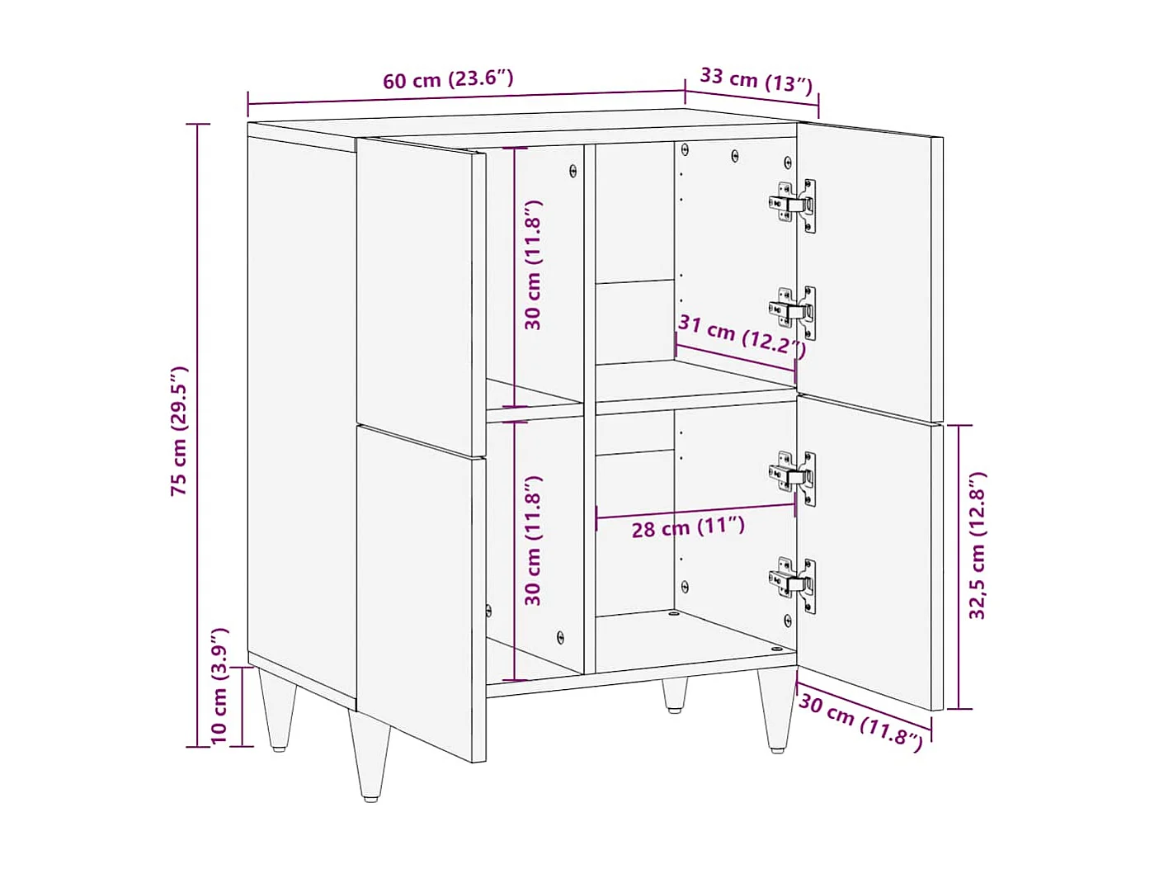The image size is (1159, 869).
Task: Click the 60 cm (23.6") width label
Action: [x=448, y=79]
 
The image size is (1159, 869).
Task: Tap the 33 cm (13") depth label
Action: [x=756, y=80]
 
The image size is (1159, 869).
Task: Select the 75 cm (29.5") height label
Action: [x=179, y=431]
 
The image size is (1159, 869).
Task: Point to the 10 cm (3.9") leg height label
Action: [x=219, y=686]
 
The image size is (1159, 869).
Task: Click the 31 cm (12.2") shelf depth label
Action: [x=741, y=335]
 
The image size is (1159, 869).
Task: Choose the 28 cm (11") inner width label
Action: [x=688, y=527]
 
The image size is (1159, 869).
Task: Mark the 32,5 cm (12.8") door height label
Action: [x=978, y=546]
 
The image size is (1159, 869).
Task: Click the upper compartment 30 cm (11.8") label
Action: [x=533, y=265]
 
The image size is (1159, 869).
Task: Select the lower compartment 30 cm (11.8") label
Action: [x=533, y=541]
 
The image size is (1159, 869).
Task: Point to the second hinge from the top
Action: [x=794, y=312]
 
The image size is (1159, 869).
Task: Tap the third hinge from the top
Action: [x=794, y=477]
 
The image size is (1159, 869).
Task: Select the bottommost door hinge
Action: [x=794, y=583]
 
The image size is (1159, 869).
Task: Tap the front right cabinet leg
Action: [x=775, y=710]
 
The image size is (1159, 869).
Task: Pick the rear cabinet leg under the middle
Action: [x=675, y=695]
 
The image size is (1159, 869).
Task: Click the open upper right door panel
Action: [x=866, y=268]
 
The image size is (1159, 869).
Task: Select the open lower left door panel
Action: [x=421, y=590]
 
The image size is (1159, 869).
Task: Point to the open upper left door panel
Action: [x=419, y=293]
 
